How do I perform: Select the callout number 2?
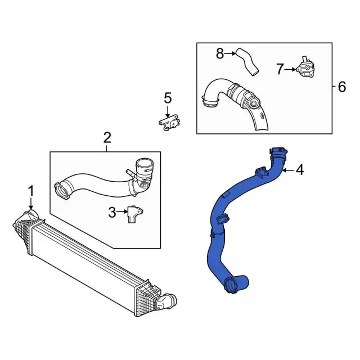[x=107, y=137]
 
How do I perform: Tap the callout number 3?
[x=112, y=212]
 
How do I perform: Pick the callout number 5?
[x=167, y=98]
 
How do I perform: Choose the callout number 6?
[x=341, y=87]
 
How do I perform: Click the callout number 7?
[x=280, y=69]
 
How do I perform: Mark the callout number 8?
[x=220, y=53]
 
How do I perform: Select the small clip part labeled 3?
[x=134, y=214]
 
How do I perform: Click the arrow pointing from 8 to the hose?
[x=231, y=54]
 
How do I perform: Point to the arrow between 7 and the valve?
[x=291, y=70]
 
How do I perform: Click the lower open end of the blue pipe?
[x=231, y=287]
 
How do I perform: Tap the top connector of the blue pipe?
[x=278, y=152]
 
